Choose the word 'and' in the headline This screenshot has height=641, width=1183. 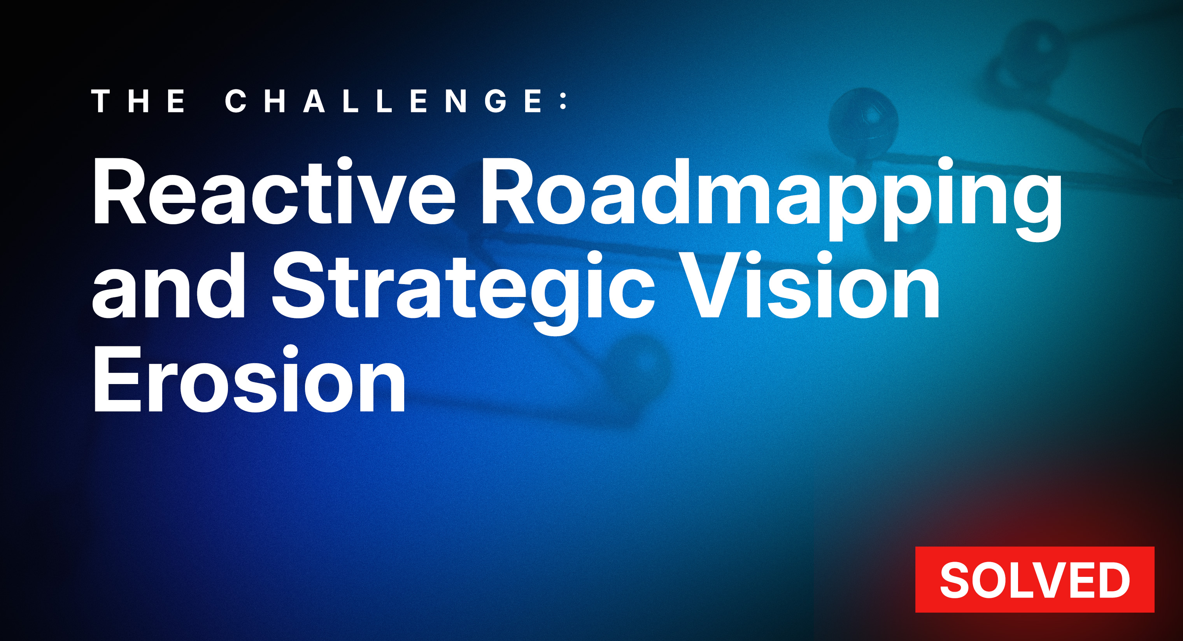[168, 287]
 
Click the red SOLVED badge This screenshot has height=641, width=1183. [1034, 580]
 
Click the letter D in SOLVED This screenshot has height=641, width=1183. [1112, 580]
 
